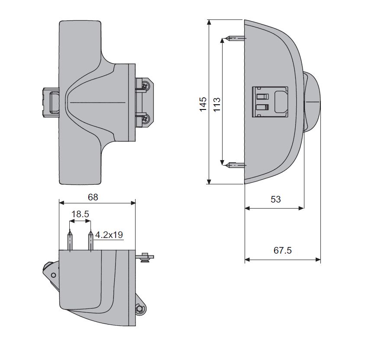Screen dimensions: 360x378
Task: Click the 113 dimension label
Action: [217, 104]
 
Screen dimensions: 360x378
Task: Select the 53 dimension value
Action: [275, 199]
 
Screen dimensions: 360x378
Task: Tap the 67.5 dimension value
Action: [282, 251]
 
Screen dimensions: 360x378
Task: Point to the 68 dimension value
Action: [93, 197]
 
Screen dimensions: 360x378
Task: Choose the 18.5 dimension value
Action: [80, 214]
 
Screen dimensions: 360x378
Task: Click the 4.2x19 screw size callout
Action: [109, 235]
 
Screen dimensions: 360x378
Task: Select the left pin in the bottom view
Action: [70, 241]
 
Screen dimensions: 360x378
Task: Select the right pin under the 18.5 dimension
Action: [90, 241]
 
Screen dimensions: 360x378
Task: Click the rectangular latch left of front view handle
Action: [51, 102]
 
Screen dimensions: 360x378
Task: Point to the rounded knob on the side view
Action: [313, 102]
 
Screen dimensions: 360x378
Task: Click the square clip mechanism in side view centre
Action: [270, 102]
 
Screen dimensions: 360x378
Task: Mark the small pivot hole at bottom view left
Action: [53, 275]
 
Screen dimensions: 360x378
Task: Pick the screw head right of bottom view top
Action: [145, 257]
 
